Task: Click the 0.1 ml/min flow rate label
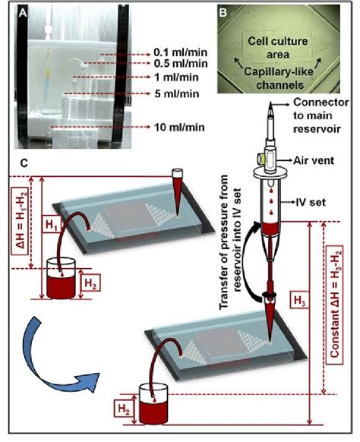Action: [x=181, y=52]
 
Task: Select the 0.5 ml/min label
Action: [x=181, y=64]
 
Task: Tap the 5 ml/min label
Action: [x=177, y=94]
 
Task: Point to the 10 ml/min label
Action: [x=179, y=128]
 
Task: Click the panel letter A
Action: [x=23, y=13]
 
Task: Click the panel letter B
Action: [x=223, y=13]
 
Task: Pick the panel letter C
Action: [x=24, y=163]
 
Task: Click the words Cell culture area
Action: [x=278, y=48]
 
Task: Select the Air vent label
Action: [x=314, y=161]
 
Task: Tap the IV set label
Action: [x=311, y=202]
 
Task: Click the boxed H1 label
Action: [x=52, y=225]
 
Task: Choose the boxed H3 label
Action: [x=300, y=301]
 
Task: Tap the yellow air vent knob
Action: [x=260, y=159]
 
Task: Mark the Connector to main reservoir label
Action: [x=321, y=115]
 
